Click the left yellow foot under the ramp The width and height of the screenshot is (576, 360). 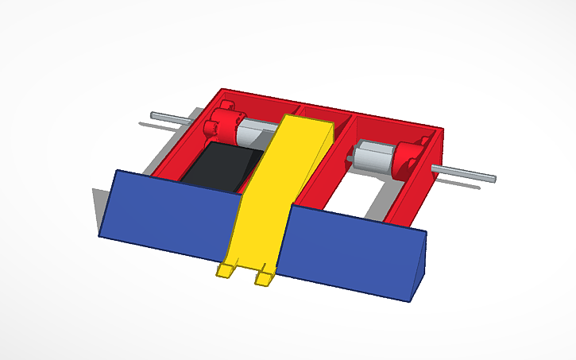click(x=226, y=271)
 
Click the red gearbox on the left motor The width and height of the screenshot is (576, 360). click(x=222, y=124)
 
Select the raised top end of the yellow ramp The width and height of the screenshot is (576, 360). click(x=306, y=122)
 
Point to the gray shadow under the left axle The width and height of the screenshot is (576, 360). click(x=163, y=125)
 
